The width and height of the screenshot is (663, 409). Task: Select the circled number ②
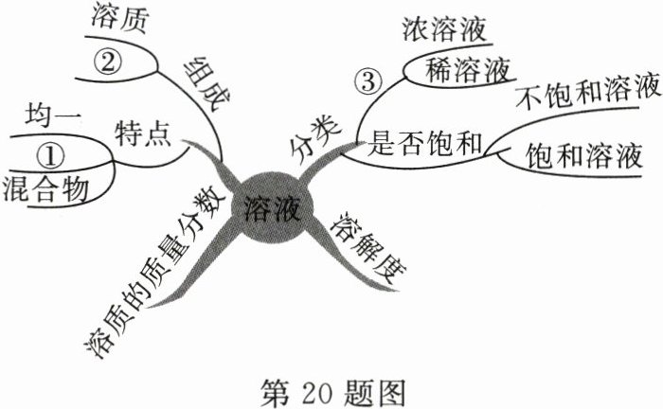point(108,61)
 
